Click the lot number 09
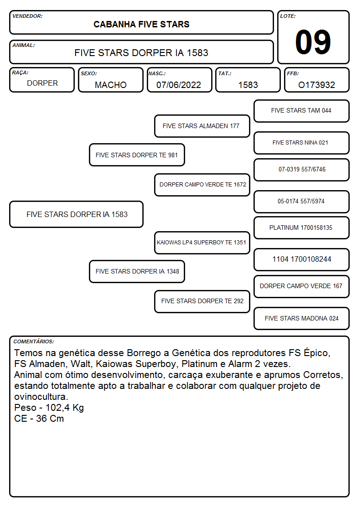pyautogui.click(x=313, y=42)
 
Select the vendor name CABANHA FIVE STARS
pyautogui.click(x=141, y=25)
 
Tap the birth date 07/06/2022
pyautogui.click(x=179, y=85)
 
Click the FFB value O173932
pyautogui.click(x=316, y=85)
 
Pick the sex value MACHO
pyautogui.click(x=111, y=85)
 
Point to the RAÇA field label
pyautogui.click(x=20, y=73)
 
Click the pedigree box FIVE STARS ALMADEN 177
pyautogui.click(x=202, y=126)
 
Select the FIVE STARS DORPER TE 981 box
pyautogui.click(x=137, y=155)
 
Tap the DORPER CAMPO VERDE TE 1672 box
pyautogui.click(x=202, y=185)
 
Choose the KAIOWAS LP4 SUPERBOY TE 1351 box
pyautogui.click(x=202, y=243)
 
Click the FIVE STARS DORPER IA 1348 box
pyautogui.click(x=137, y=271)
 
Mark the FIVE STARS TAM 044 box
pyautogui.click(x=301, y=111)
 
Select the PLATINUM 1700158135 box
pyautogui.click(x=301, y=228)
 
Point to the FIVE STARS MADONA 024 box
pyautogui.click(x=301, y=318)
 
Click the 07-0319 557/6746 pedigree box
pyautogui.click(x=301, y=170)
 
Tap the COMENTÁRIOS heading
pyautogui.click(x=34, y=341)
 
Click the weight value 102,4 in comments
pyautogui.click(x=57, y=408)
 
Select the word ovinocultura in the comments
pyautogui.click(x=41, y=397)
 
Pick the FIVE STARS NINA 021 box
pyautogui.click(x=301, y=143)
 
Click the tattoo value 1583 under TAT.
pyautogui.click(x=248, y=85)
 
